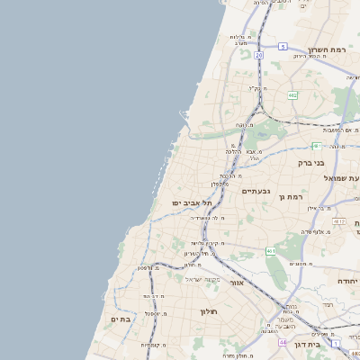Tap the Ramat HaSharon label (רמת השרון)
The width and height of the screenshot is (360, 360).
coord(328,49)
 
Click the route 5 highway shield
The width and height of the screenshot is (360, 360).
coord(283,46)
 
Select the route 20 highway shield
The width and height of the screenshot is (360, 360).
coord(258,56)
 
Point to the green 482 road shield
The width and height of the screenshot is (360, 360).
coord(292,94)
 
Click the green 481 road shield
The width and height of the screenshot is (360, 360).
coord(316,146)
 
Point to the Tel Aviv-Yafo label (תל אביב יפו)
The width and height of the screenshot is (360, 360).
coord(192,202)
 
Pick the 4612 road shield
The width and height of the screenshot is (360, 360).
coord(338,220)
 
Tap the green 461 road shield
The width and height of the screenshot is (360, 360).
coord(272,251)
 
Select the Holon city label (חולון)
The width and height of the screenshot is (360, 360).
coord(209,311)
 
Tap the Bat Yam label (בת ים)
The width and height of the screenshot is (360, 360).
coord(121,319)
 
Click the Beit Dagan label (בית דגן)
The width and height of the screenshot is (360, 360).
coord(309,344)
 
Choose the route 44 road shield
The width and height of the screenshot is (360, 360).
coord(283,343)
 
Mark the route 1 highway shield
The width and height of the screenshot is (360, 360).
coord(337,344)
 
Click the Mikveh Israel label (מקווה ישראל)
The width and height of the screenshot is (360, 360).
coord(202,279)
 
